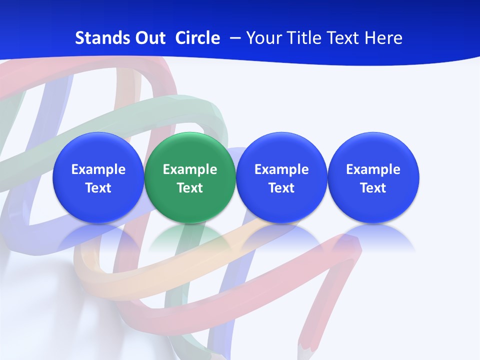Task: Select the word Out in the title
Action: (x=149, y=38)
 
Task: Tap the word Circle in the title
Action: (x=197, y=38)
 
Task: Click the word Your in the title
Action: (x=263, y=38)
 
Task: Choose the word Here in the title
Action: (x=382, y=38)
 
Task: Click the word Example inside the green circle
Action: (x=190, y=169)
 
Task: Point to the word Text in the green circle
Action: (x=190, y=188)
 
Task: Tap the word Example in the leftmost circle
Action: (x=98, y=169)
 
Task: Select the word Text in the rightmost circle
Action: (x=373, y=188)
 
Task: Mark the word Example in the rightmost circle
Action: (x=373, y=169)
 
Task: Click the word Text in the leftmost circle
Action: (x=98, y=188)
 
